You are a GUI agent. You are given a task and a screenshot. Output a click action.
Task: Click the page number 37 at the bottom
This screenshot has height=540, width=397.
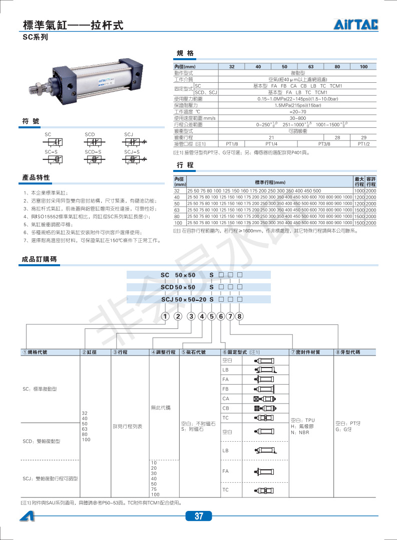pos(199,516)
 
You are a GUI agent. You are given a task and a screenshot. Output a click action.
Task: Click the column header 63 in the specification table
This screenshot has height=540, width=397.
pos(310,67)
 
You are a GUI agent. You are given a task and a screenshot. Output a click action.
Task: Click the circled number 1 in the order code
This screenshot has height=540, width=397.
pos(165,316)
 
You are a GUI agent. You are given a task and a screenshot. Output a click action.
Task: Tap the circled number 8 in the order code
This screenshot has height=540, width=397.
pos(239,316)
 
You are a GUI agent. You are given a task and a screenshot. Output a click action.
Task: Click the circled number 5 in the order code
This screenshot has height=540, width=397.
pos(212,316)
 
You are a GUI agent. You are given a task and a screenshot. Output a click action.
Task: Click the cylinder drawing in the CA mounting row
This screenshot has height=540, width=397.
pos(265,399)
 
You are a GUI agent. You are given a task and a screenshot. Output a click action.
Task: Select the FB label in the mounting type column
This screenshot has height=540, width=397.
pos(225,389)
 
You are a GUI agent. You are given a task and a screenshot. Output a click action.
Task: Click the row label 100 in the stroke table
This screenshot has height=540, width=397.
pos(178,223)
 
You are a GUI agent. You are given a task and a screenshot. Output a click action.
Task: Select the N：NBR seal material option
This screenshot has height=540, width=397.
pos(300,432)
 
